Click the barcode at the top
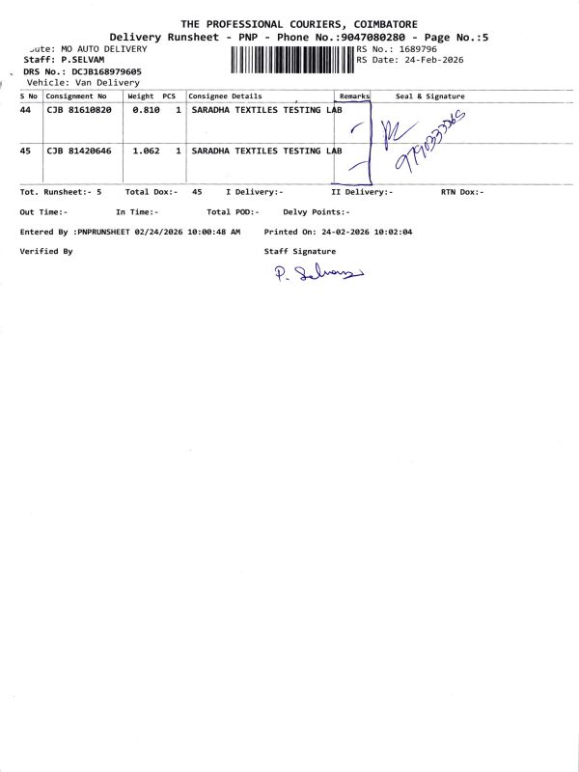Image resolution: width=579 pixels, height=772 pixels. click(292, 60)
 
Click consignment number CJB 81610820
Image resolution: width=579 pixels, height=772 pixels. click(78, 111)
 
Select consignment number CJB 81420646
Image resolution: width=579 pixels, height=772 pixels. click(78, 152)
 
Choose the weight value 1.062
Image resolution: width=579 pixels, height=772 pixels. click(146, 152)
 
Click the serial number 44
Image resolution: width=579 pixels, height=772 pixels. click(26, 111)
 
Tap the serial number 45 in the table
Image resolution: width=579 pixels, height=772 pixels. click(26, 152)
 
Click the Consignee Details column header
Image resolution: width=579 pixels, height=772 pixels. click(225, 96)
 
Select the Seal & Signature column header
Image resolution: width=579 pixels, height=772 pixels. click(430, 96)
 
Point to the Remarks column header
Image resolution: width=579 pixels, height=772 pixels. click(354, 96)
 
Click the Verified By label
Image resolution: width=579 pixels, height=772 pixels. click(46, 251)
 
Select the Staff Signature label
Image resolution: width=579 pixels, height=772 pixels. click(300, 251)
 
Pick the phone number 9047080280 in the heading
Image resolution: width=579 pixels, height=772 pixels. click(368, 36)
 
